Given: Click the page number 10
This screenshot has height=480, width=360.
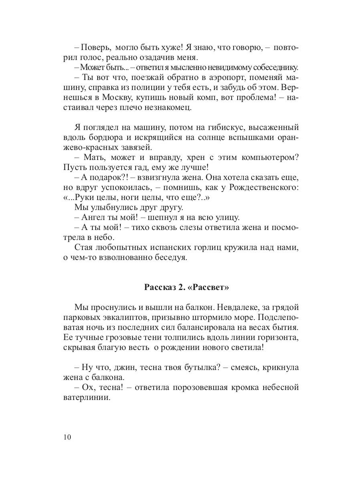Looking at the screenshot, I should coord(67,437).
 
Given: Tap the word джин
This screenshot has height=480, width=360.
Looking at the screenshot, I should coord(116,367).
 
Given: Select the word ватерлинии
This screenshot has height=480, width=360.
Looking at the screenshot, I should coord(86,398).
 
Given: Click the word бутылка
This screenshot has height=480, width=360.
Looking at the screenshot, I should coord(198,367).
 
